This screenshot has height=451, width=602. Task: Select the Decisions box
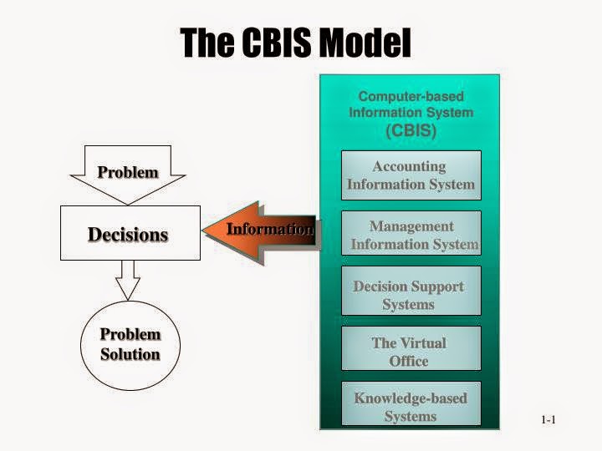(130, 234)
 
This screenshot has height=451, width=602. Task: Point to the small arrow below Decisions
(128, 281)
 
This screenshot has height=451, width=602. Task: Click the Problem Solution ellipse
(130, 344)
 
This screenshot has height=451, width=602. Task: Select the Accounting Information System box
(411, 175)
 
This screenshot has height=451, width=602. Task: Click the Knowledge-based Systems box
(411, 407)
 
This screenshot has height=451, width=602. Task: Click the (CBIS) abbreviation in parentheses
(411, 130)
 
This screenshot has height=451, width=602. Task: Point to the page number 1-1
(548, 420)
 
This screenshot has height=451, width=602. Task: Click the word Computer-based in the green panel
(411, 97)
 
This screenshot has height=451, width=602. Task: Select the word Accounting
(409, 166)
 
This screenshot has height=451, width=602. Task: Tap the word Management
(411, 226)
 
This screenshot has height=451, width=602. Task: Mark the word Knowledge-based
(411, 398)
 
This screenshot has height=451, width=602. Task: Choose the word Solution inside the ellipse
(130, 354)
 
